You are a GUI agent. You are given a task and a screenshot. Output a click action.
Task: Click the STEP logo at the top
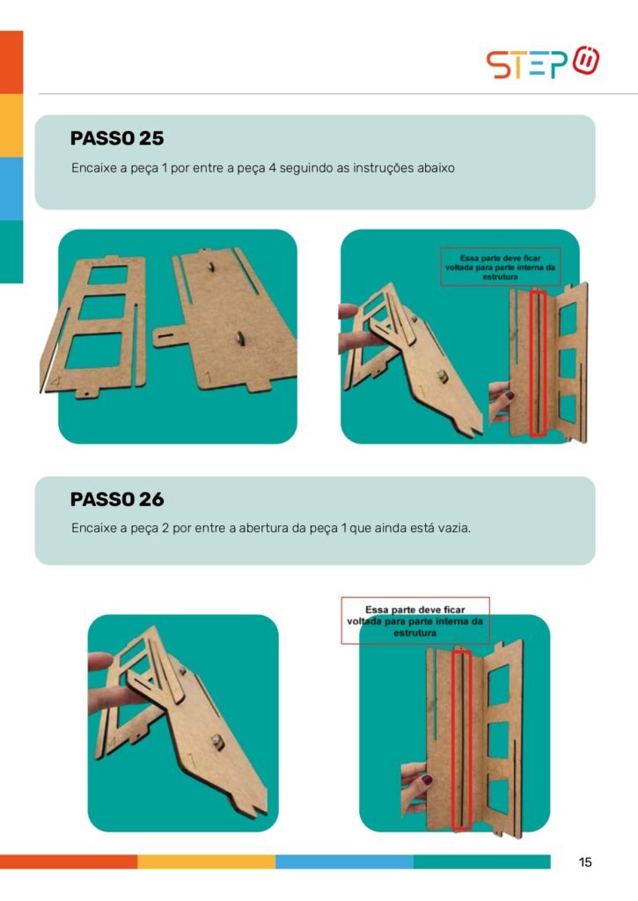pyautogui.click(x=543, y=62)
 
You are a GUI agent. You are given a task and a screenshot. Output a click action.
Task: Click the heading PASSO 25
pyautogui.click(x=117, y=138)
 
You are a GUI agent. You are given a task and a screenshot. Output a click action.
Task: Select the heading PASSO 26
pyautogui.click(x=117, y=499)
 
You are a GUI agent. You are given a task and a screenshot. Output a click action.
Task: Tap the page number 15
pyautogui.click(x=585, y=862)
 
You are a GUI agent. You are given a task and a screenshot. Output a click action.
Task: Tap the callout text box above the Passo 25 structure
pyautogui.click(x=500, y=267)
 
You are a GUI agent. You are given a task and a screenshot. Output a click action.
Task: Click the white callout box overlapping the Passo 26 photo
pyautogui.click(x=415, y=620)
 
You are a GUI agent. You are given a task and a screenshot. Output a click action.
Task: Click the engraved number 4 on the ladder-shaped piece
pyautogui.click(x=55, y=381)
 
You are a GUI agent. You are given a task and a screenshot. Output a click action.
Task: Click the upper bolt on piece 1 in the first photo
pyautogui.click(x=211, y=267)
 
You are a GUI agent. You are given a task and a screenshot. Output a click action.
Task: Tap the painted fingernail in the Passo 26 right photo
pyautogui.click(x=427, y=780)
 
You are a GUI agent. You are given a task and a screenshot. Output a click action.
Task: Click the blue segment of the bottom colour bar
pyautogui.click(x=344, y=861)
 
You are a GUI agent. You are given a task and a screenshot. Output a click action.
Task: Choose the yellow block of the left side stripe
pyautogui.click(x=11, y=125)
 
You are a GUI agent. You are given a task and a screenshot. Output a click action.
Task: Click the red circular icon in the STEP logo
pyautogui.click(x=586, y=60)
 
